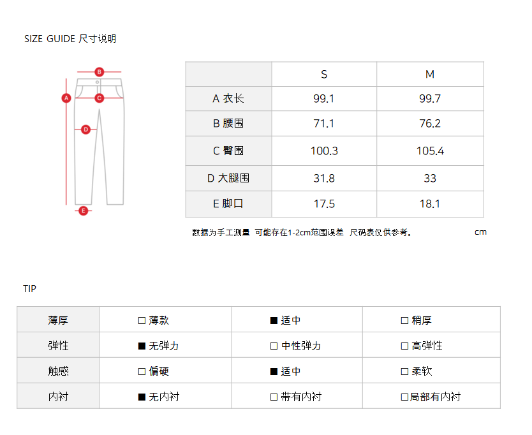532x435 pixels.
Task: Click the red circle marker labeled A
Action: (66, 98)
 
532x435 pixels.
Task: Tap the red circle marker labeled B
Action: (100, 71)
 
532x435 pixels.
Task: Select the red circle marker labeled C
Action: (100, 98)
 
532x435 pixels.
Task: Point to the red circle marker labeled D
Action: (85, 129)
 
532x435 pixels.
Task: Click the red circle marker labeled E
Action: (83, 210)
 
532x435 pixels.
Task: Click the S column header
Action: (324, 75)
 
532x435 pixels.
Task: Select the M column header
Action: (430, 75)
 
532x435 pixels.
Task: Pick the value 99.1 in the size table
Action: (324, 99)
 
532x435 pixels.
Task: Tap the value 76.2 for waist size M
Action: (430, 124)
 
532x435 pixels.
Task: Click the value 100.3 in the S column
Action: (324, 151)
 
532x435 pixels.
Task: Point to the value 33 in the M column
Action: (430, 179)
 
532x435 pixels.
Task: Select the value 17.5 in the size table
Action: (324, 204)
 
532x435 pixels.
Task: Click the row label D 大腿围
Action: (228, 179)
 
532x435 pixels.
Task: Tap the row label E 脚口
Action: (228, 204)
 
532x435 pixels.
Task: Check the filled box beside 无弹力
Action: (142, 346)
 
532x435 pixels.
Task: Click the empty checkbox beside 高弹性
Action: (404, 346)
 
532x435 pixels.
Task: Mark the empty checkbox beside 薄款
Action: (142, 321)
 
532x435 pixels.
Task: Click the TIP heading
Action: (30, 289)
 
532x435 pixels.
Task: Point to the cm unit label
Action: (480, 232)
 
